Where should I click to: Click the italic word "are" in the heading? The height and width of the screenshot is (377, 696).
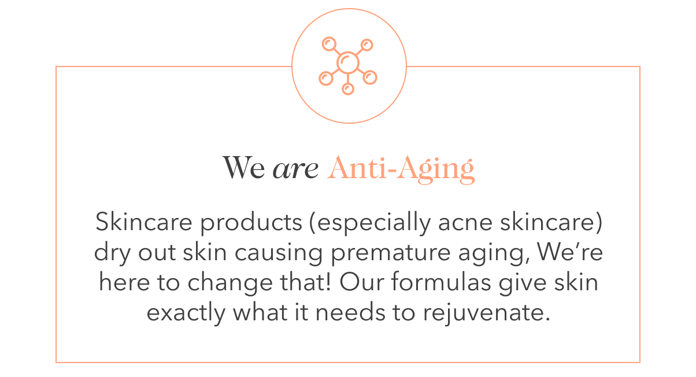point(295,169)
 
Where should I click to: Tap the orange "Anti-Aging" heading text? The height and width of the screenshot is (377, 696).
point(401,169)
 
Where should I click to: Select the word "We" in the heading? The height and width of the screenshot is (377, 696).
point(243,168)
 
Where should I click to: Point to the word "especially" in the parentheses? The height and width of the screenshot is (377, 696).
point(374,223)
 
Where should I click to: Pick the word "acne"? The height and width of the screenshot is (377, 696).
point(465,223)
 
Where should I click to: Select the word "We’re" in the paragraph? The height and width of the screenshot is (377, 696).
point(570,251)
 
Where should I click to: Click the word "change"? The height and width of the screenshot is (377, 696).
point(230,283)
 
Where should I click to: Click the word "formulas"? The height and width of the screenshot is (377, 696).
point(441,281)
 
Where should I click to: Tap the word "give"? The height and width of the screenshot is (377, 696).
point(523,283)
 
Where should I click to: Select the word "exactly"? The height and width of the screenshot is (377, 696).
point(186,313)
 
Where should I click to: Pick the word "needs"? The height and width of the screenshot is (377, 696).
point(350,312)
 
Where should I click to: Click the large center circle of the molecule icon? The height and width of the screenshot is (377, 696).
point(348,62)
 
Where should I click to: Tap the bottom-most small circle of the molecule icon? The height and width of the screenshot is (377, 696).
point(348,89)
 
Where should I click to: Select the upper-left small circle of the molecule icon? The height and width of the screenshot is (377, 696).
point(329,44)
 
